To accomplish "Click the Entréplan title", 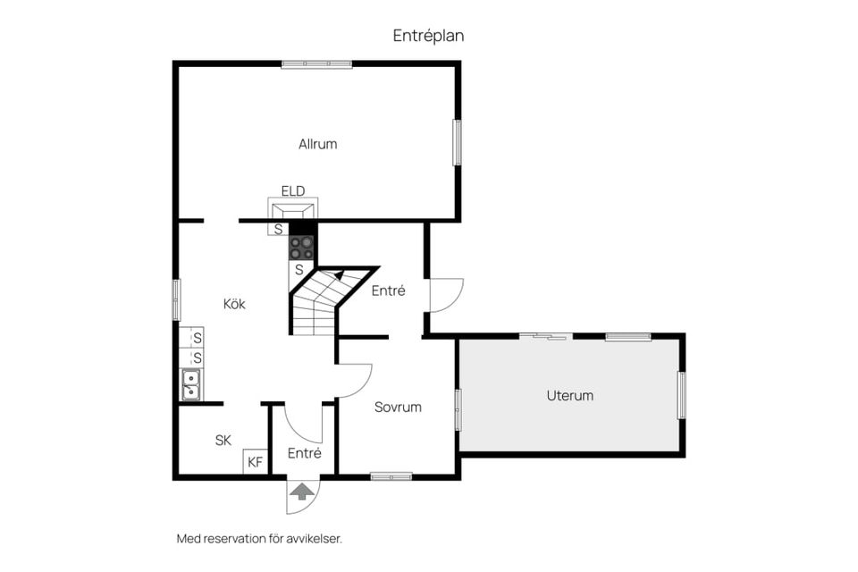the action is tap(428, 36).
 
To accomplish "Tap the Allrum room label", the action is tap(318, 144).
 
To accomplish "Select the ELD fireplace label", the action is tap(293, 191).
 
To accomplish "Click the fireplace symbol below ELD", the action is tap(293, 209).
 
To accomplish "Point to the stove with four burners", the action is tap(301, 248).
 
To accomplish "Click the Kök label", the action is tap(234, 304).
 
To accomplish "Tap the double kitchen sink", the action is tap(191, 384).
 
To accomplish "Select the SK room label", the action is tap(223, 440).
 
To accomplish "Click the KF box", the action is tap(255, 462).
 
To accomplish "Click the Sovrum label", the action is tap(398, 408).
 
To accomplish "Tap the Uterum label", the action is tap(569, 395).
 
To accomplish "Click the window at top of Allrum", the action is tap(316, 64).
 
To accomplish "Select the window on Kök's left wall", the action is tap(176, 299).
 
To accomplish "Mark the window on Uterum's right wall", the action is tap(682, 395).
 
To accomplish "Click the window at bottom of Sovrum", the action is tap(391, 476).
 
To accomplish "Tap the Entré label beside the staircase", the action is tap(389, 290).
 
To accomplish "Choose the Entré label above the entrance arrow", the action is tap(304, 453).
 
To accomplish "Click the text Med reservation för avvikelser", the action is tap(259, 539).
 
